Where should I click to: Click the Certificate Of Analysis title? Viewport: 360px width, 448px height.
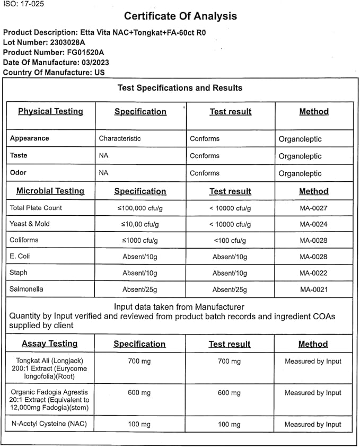[180, 16]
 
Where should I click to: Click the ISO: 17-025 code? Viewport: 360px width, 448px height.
[23, 4]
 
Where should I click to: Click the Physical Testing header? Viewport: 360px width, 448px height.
[50, 111]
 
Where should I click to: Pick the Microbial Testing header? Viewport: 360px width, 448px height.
[50, 191]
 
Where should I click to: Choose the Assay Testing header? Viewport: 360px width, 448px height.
[50, 344]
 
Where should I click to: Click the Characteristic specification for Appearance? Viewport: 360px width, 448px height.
[120, 138]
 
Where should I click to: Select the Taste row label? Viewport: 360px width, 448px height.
[19, 156]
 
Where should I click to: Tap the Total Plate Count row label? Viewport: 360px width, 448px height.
[36, 208]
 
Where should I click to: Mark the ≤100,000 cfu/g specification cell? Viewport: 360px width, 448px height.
[140, 208]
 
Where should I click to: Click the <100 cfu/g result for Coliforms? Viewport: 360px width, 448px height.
[230, 241]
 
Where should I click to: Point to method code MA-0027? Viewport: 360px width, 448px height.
[313, 208]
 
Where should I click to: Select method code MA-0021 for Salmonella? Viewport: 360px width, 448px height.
[313, 289]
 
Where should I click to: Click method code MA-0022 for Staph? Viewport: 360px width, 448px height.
[313, 273]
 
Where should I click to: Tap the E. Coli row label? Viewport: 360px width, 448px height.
[21, 257]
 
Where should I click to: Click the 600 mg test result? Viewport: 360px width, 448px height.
[230, 393]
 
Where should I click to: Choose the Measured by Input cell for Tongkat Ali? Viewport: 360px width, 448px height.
[313, 362]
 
